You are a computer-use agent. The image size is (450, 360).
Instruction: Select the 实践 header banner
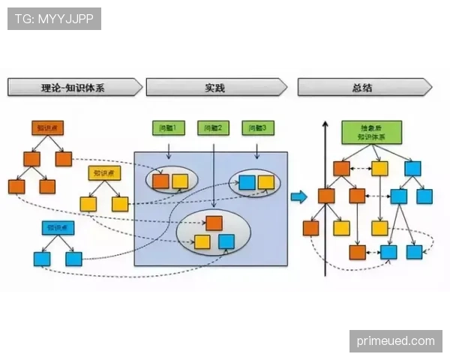tap(215, 88)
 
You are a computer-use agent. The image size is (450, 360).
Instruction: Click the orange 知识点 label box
tap(46, 128)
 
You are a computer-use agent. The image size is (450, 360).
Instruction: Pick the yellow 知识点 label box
tap(103, 173)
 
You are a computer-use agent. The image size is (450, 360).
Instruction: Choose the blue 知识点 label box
tap(56, 227)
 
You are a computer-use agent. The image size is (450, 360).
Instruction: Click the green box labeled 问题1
tap(168, 128)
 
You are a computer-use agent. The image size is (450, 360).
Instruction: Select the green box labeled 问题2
tap(213, 128)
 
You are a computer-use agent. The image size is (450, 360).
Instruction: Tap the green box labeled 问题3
tap(258, 128)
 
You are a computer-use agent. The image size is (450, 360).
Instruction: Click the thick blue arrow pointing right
tap(298, 196)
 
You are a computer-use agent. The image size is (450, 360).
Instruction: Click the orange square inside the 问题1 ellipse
tap(160, 181)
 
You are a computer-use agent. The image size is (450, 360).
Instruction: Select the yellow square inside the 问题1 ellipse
tap(180, 181)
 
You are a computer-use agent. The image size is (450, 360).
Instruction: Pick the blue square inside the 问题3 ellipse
tap(247, 181)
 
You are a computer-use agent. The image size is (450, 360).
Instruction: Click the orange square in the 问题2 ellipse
tap(214, 223)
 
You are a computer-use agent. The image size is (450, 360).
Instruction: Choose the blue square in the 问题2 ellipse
tap(226, 241)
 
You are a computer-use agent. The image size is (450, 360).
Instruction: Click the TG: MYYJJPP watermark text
tap(53, 19)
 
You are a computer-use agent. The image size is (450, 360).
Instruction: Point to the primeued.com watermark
tap(395, 341)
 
